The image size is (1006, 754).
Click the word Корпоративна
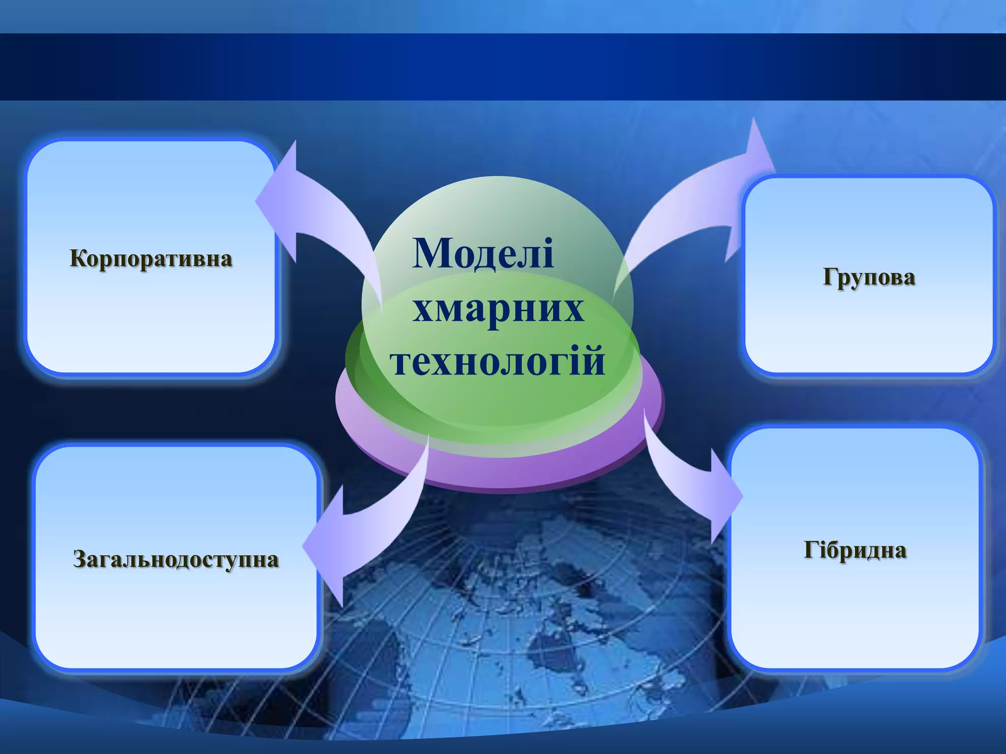(x=151, y=259)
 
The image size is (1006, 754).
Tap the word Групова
(x=869, y=277)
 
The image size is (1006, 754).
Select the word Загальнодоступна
(x=176, y=559)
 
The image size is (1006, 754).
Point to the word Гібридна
(x=855, y=550)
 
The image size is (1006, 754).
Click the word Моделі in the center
(x=483, y=254)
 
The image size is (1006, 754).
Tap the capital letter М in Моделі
(x=430, y=254)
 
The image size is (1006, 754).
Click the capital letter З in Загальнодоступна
(x=80, y=559)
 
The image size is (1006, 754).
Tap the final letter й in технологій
(x=595, y=361)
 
